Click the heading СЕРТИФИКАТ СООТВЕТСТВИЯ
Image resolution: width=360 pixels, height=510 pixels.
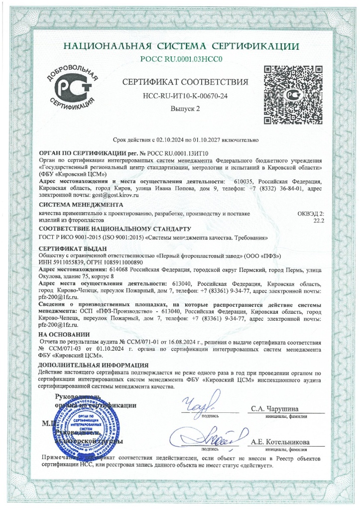pos(185,82)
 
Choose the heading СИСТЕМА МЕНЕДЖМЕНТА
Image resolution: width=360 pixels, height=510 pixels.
pos(73,205)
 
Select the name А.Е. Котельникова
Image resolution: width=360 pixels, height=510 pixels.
pos(280,442)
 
